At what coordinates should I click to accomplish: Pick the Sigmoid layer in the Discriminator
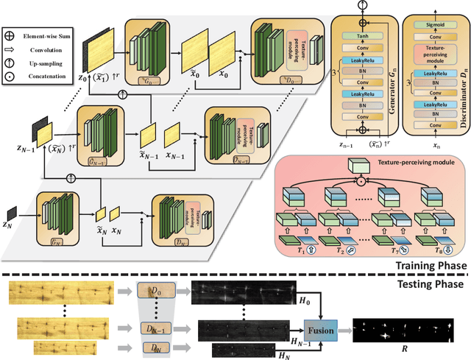point(427,23)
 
